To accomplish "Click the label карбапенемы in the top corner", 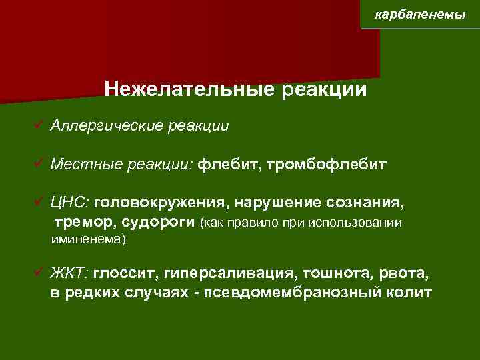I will (420, 14).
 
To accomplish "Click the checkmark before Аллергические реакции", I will (41, 125).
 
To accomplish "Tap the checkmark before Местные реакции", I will (41, 163).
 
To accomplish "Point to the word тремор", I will (75, 221).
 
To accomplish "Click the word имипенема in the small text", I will (86, 238).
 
